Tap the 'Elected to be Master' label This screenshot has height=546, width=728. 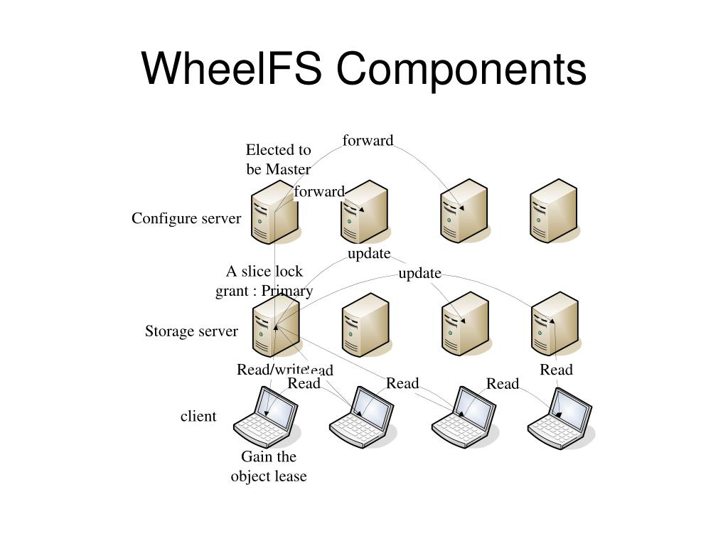coord(279,159)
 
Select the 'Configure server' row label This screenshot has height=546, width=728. coord(186,219)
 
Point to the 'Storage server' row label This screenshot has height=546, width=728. coord(191,331)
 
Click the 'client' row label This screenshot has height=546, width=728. coord(198,416)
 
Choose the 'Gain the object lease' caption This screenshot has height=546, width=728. coord(269,466)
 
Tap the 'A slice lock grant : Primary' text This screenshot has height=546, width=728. coord(264,281)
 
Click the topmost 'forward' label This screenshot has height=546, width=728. coord(368,140)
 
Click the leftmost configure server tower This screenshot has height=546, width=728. coord(274,211)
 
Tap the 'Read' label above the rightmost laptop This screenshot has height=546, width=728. coord(556,370)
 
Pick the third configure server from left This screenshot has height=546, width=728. coord(464,210)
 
